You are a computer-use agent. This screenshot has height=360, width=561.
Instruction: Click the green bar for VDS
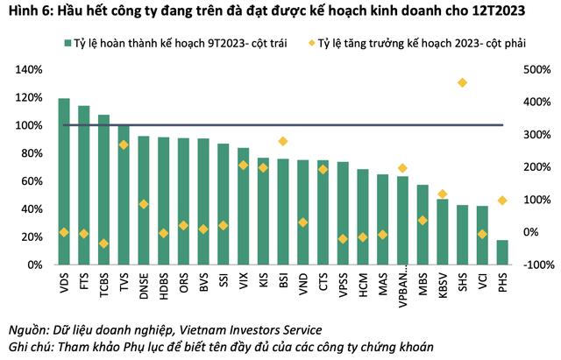(x=64, y=181)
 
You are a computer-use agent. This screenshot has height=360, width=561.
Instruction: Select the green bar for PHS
(x=502, y=252)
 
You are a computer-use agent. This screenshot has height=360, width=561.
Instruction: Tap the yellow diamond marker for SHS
(x=462, y=83)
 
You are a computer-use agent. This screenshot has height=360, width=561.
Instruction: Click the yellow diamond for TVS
(x=124, y=145)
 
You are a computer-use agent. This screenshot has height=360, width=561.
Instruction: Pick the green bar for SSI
(x=224, y=204)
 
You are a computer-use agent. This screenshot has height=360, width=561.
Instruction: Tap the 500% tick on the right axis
(x=536, y=70)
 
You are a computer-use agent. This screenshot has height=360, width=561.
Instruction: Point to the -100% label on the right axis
(x=534, y=265)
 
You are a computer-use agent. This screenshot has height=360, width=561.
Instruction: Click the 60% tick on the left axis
(x=34, y=181)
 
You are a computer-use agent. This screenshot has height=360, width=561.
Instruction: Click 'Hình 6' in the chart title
(x=27, y=12)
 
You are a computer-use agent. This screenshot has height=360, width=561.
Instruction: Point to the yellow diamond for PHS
(x=502, y=201)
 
